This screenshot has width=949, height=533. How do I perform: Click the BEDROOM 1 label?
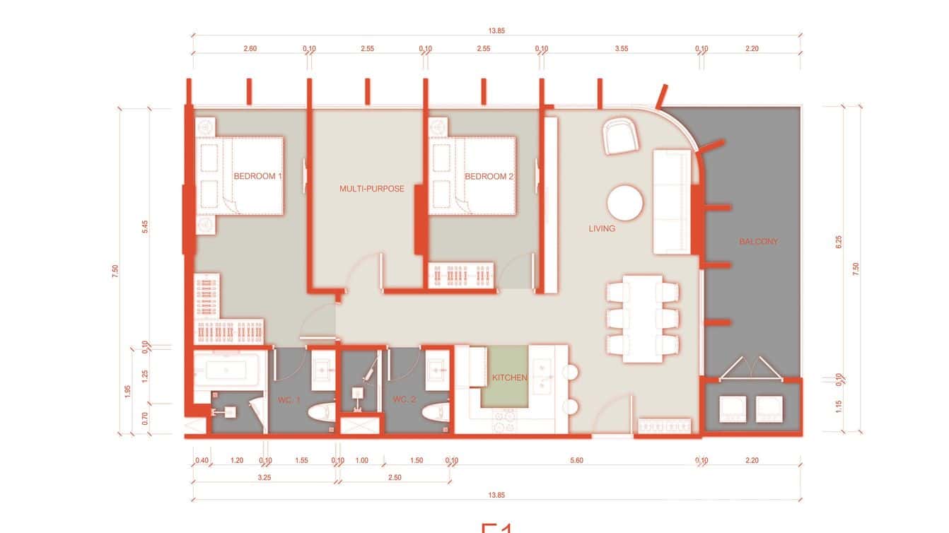click(x=257, y=177)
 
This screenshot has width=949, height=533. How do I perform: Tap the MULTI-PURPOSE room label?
click(x=372, y=189)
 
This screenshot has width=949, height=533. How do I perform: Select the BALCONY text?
click(x=758, y=242)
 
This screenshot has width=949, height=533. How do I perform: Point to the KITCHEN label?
click(x=510, y=378)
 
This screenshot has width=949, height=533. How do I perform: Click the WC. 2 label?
click(x=405, y=401)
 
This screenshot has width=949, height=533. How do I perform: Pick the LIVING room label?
click(x=602, y=228)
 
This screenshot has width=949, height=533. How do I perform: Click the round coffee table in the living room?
click(x=625, y=204)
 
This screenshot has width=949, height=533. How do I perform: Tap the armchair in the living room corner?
click(x=621, y=135)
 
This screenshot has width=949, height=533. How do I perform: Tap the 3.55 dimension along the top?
click(x=621, y=49)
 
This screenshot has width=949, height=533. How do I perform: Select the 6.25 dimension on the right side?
click(x=839, y=242)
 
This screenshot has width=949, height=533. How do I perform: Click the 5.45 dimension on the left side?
click(x=145, y=228)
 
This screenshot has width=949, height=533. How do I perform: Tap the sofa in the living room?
click(x=671, y=201)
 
